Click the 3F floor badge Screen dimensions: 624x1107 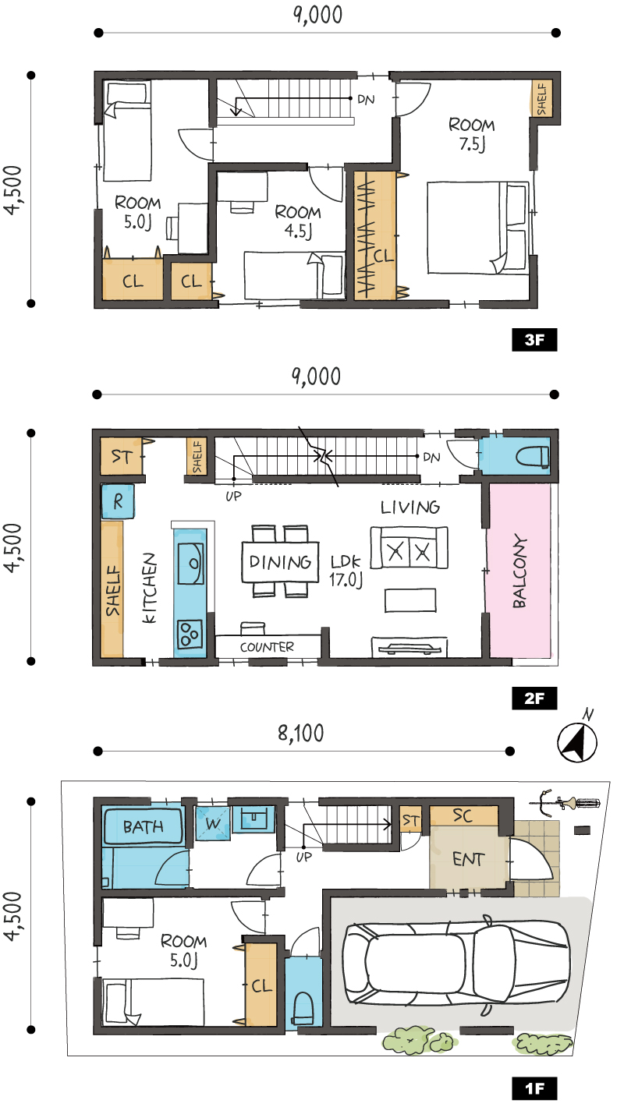point(534,340)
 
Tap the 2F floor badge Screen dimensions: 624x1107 point(534,698)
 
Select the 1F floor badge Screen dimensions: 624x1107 point(534,1088)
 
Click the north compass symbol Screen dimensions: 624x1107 point(577,738)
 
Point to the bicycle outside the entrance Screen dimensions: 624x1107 point(565,801)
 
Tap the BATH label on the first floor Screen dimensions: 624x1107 point(143,827)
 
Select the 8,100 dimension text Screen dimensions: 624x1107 point(300,733)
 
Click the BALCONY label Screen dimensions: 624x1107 point(519,571)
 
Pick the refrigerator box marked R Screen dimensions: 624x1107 point(118,501)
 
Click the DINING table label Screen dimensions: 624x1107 point(280,562)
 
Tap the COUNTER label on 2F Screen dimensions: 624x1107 point(267,647)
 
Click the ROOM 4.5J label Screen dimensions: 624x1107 point(298,221)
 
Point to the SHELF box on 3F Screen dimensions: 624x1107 point(542,99)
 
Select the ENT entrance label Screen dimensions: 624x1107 point(468,860)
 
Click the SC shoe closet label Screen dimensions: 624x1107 point(463,815)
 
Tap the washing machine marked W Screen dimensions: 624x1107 point(213,823)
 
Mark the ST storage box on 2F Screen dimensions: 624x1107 point(121,456)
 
